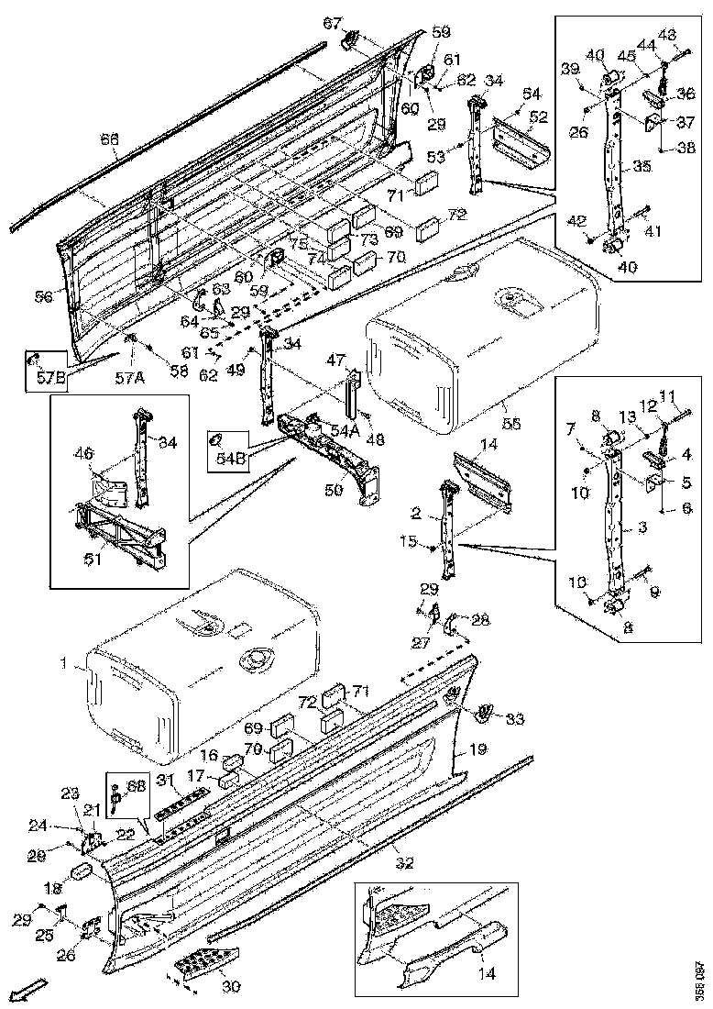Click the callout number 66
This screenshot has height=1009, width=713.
pyautogui.click(x=109, y=139)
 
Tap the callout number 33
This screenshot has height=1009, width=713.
pyautogui.click(x=516, y=719)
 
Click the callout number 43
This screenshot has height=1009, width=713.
pyautogui.click(x=667, y=35)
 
